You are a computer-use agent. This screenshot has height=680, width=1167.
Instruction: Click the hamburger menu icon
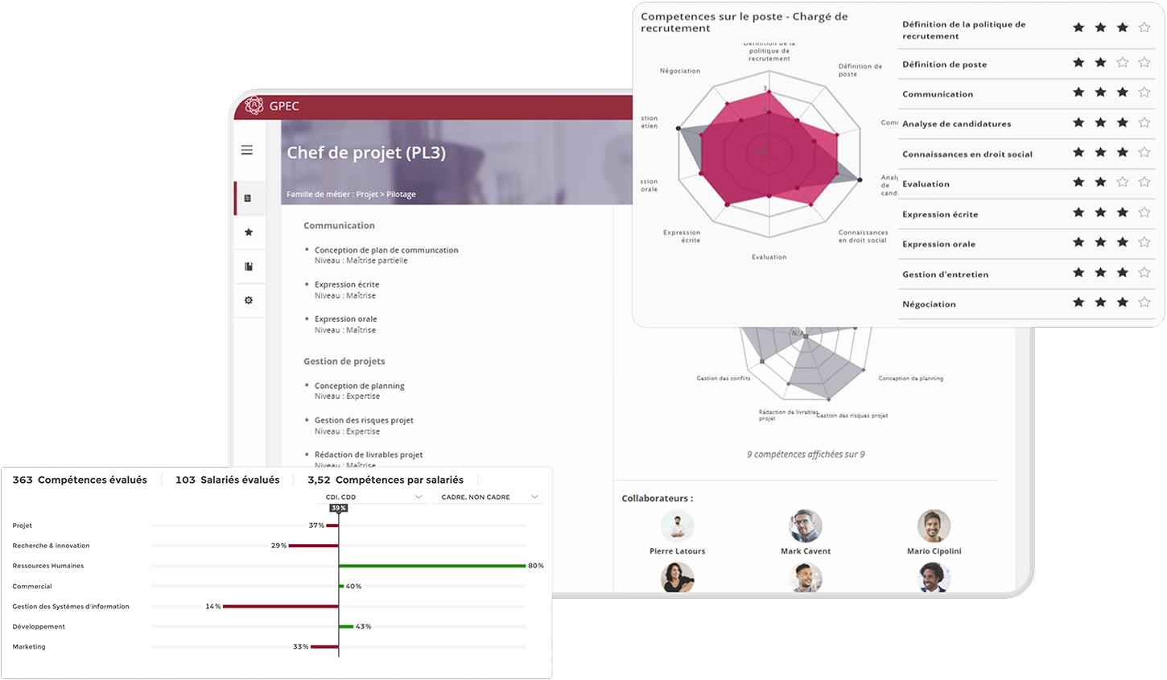click(x=247, y=150)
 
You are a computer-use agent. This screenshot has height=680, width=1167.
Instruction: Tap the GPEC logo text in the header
click(x=284, y=106)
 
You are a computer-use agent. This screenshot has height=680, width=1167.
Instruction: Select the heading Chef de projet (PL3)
click(x=366, y=153)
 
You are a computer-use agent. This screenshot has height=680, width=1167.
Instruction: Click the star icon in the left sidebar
click(x=249, y=233)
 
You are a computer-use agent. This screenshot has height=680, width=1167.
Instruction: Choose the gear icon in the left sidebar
click(x=249, y=300)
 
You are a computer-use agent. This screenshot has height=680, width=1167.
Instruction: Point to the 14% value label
click(x=212, y=607)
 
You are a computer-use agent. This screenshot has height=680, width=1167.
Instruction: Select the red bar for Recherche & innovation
click(x=313, y=546)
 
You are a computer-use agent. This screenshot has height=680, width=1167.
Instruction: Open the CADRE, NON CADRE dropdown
click(x=488, y=497)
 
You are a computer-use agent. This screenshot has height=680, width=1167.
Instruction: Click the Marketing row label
click(x=29, y=647)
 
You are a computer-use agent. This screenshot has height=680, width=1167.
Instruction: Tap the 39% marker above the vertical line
click(x=339, y=509)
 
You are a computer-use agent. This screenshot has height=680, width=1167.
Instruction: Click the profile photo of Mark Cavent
click(x=806, y=526)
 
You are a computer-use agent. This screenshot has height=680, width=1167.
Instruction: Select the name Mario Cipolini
click(x=934, y=551)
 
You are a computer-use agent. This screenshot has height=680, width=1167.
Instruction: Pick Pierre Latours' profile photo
click(x=677, y=526)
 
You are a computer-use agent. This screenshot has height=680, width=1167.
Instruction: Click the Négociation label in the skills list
click(x=929, y=304)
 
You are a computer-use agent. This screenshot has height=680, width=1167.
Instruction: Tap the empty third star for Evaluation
click(x=1123, y=183)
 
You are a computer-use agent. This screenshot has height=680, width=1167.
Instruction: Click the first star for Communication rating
click(x=1078, y=93)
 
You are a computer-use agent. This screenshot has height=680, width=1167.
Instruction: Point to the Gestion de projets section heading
click(x=344, y=361)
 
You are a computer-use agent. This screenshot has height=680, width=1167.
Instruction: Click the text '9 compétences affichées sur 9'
click(x=806, y=455)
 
